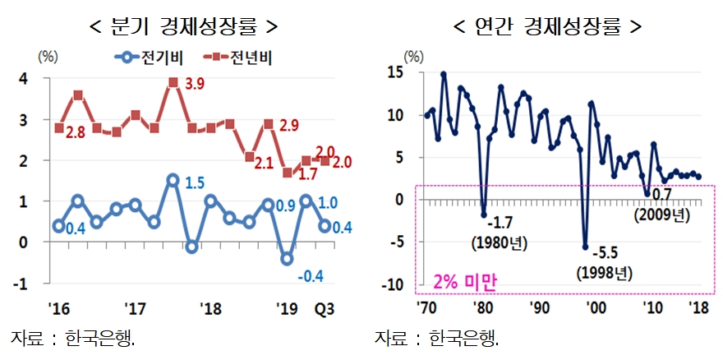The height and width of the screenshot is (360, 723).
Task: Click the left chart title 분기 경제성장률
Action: (x=182, y=25)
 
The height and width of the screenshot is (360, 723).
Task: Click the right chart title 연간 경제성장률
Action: (x=547, y=25)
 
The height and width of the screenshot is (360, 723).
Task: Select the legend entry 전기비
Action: (x=153, y=58)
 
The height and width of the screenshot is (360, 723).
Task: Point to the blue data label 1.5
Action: (x=196, y=182)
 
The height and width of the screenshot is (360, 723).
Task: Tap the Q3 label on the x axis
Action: (x=325, y=310)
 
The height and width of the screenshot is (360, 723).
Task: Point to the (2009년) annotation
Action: (x=659, y=215)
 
